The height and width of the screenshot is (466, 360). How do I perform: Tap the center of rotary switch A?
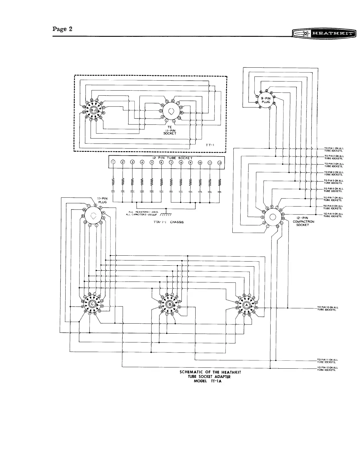point(246,305)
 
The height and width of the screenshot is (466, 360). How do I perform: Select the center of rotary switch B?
point(170,304)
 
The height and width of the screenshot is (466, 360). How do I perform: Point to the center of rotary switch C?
point(92,304)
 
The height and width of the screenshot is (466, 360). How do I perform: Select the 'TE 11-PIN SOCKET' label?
point(170,130)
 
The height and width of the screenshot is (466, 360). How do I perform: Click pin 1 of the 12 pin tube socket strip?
point(113,162)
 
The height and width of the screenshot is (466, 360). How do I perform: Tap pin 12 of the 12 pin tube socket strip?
point(219,162)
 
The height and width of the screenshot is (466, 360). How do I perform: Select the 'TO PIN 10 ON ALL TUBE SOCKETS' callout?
point(327,308)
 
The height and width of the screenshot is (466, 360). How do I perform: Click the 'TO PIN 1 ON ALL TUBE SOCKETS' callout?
point(333,149)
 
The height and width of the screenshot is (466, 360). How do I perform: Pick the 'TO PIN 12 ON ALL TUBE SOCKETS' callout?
point(327,369)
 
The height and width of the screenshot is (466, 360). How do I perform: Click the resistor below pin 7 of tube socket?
point(171,183)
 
